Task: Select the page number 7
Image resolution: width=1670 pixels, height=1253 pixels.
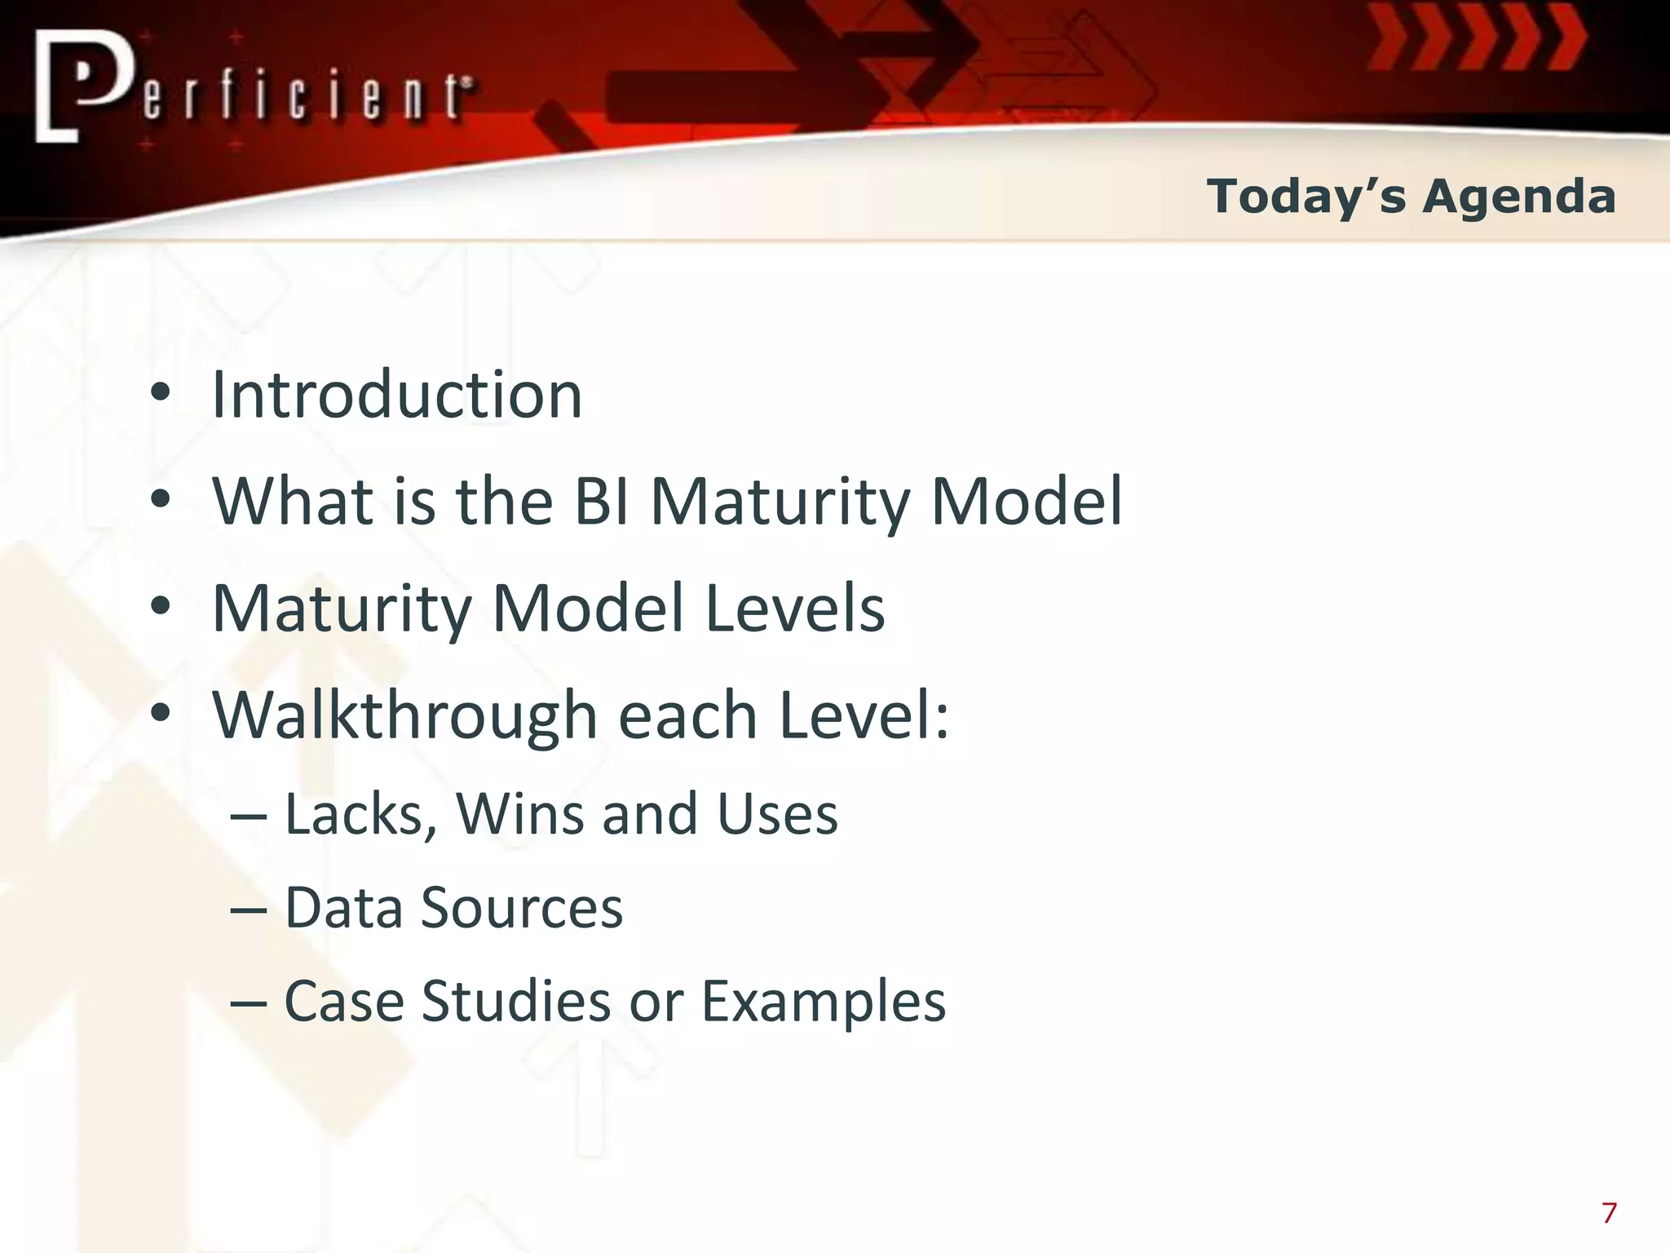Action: click(x=1609, y=1213)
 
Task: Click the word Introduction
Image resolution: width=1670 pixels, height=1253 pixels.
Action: click(x=397, y=395)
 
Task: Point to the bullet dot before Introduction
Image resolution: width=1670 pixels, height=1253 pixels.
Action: click(x=161, y=394)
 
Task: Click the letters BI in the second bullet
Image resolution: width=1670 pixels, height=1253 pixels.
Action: click(x=601, y=501)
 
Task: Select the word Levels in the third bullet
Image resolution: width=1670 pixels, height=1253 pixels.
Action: click(x=794, y=608)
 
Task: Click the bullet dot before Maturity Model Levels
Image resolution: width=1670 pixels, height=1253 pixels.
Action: click(x=161, y=607)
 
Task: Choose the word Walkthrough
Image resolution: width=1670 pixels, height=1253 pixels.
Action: click(x=405, y=715)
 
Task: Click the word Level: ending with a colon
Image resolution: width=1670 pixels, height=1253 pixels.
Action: click(x=864, y=715)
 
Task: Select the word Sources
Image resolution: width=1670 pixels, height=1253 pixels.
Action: click(x=522, y=908)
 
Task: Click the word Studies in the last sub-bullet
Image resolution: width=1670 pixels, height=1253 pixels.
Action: click(x=515, y=1001)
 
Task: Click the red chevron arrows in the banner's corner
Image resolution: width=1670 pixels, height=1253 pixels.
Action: click(x=1476, y=37)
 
